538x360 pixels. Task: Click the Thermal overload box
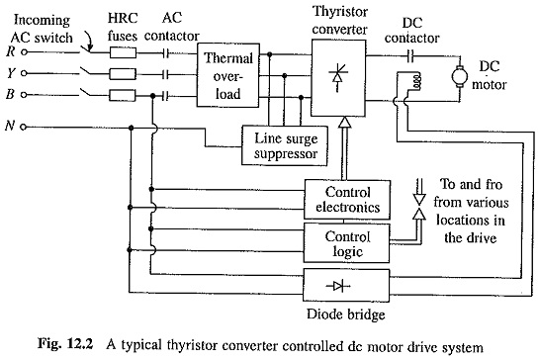pos(227,75)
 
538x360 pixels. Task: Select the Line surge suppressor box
pos(285,145)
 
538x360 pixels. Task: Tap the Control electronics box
pos(347,200)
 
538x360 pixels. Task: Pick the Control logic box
pos(346,243)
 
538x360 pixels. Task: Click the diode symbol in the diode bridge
pos(338,286)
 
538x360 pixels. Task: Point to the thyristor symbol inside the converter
pos(338,77)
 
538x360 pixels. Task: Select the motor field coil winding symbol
pos(417,82)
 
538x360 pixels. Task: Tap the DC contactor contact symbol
pos(410,55)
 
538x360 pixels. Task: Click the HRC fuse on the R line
pos(123,52)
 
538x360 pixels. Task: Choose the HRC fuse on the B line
pos(123,95)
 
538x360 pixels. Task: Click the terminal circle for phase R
pos(24,52)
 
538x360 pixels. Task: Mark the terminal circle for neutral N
pos(24,128)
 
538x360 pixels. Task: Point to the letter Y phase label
pos(11,73)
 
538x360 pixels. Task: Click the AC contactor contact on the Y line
pos(165,74)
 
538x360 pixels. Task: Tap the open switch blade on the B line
pos(86,92)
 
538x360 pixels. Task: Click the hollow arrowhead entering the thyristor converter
pos(344,122)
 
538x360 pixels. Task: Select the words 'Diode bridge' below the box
pos(345,315)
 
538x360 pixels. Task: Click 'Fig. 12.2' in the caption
pos(65,344)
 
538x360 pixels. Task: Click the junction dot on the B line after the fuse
pos(153,96)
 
